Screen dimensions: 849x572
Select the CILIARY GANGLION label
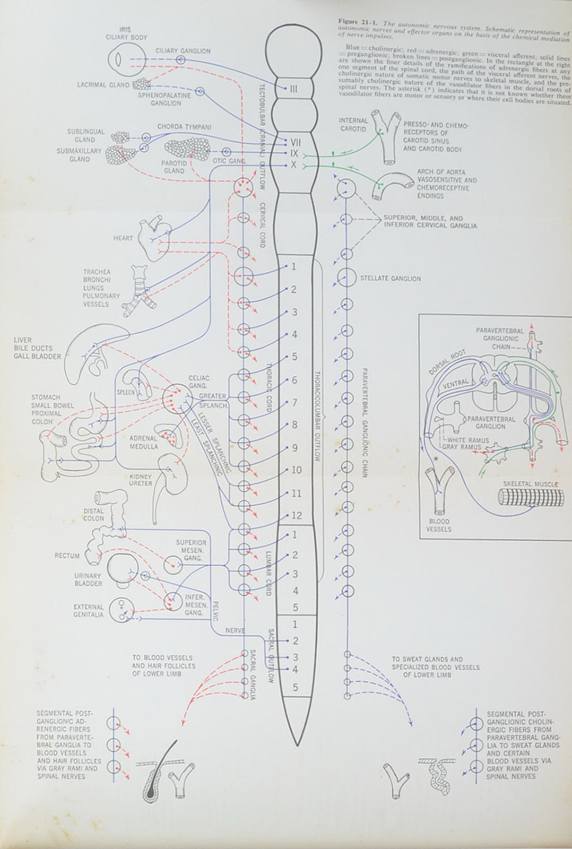click(x=182, y=51)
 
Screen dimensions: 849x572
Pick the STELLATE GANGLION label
click(x=390, y=278)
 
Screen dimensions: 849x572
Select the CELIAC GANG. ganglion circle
click(x=174, y=398)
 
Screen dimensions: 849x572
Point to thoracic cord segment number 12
click(x=296, y=515)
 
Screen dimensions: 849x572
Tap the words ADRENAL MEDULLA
click(x=144, y=443)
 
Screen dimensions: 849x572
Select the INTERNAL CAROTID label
click(x=353, y=125)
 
